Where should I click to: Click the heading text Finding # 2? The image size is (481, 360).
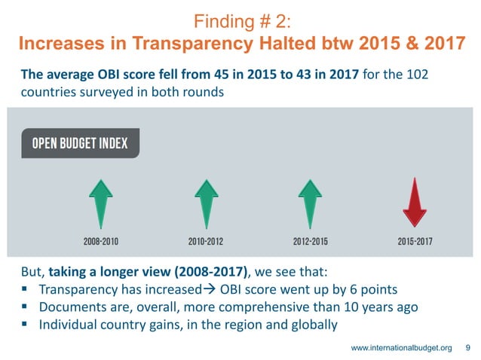coord(240,20)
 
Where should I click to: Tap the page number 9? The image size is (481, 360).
coord(468,347)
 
